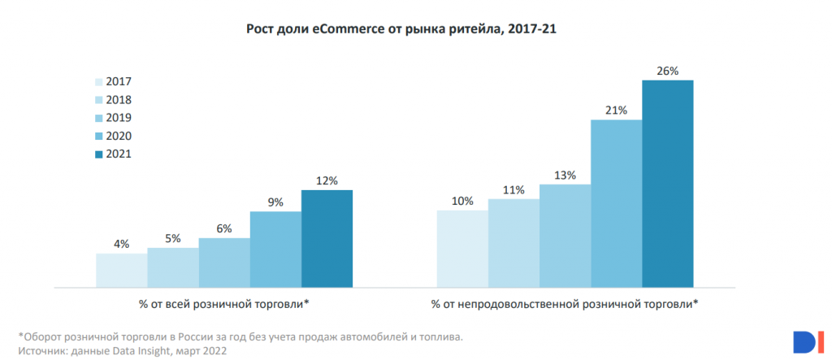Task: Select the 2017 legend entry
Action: (x=113, y=81)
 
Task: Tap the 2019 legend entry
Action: (x=113, y=118)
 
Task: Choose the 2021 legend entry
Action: (x=113, y=154)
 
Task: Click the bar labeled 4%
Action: (x=121, y=270)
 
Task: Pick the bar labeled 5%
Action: (x=173, y=267)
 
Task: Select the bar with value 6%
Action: (x=224, y=262)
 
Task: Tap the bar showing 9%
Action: (x=275, y=249)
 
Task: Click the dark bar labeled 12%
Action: (x=327, y=238)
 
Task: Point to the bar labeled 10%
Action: (x=462, y=248)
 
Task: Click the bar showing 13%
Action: (x=565, y=236)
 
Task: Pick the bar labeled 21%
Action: (x=616, y=203)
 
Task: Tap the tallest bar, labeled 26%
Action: (x=668, y=183)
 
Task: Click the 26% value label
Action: (x=668, y=72)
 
